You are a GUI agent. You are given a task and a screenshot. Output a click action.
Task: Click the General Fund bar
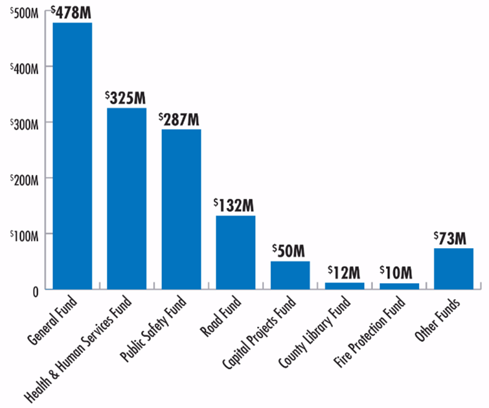[x=72, y=155]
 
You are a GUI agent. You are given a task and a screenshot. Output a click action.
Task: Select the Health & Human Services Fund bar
[x=126, y=198]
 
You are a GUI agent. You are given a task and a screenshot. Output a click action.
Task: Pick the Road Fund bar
[x=235, y=252]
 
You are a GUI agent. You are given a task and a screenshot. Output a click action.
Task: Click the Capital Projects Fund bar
[x=290, y=275]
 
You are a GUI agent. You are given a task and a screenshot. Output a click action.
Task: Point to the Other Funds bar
[x=453, y=268]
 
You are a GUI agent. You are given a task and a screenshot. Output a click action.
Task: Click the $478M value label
[x=72, y=12]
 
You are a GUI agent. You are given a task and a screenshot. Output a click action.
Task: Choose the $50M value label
[x=290, y=251]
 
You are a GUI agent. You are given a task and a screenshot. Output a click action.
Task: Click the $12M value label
[x=344, y=272]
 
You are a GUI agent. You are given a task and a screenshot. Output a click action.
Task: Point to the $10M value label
[x=399, y=273]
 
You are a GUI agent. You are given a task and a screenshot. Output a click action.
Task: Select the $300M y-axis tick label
[x=24, y=123]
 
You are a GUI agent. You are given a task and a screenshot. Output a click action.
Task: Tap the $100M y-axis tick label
[x=24, y=234]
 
